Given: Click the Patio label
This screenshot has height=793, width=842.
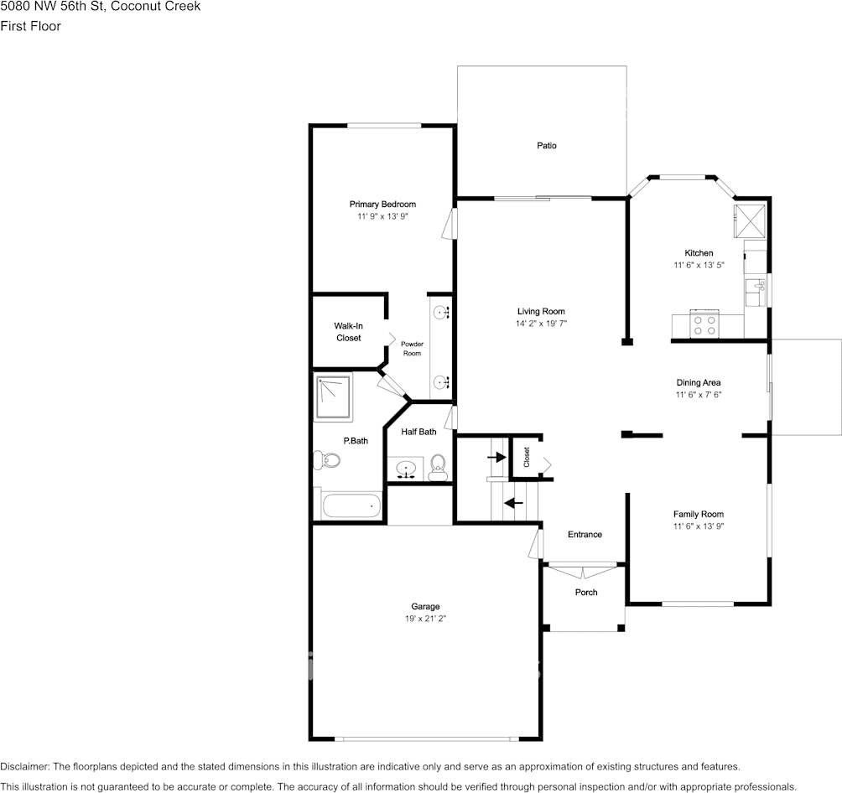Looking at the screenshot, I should coord(547,146).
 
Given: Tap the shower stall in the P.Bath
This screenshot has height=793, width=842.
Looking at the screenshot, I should coord(334,396).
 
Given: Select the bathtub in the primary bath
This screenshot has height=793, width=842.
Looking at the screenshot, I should coord(351,506).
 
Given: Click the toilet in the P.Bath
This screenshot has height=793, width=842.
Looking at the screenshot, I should coord(326,459).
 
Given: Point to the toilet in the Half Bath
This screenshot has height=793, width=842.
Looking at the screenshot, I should coord(438,468).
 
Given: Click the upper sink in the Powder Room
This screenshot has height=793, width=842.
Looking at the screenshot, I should coord(441,313).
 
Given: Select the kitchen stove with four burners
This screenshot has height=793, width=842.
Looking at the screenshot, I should coord(704,324).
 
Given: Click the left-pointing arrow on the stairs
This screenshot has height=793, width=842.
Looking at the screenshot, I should coord(512,503).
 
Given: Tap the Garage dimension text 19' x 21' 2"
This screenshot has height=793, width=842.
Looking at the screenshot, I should coord(425,619).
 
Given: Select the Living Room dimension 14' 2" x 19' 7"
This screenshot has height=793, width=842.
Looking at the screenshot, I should coord(547,324).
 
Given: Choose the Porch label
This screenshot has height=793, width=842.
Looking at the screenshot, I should coord(586,593).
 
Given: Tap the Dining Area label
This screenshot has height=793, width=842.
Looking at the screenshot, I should coord(699,382).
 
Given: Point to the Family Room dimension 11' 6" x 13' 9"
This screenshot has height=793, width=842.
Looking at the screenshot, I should coord(699,526).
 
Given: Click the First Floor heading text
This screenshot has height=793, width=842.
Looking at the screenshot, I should coord(30,26).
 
